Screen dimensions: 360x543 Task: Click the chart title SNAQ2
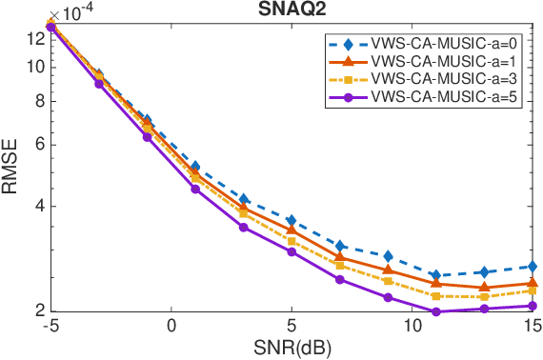click(291, 9)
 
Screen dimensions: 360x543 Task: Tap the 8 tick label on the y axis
click(39, 101)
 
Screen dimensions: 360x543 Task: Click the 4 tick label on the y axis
click(39, 207)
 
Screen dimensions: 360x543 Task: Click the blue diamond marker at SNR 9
click(388, 255)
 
